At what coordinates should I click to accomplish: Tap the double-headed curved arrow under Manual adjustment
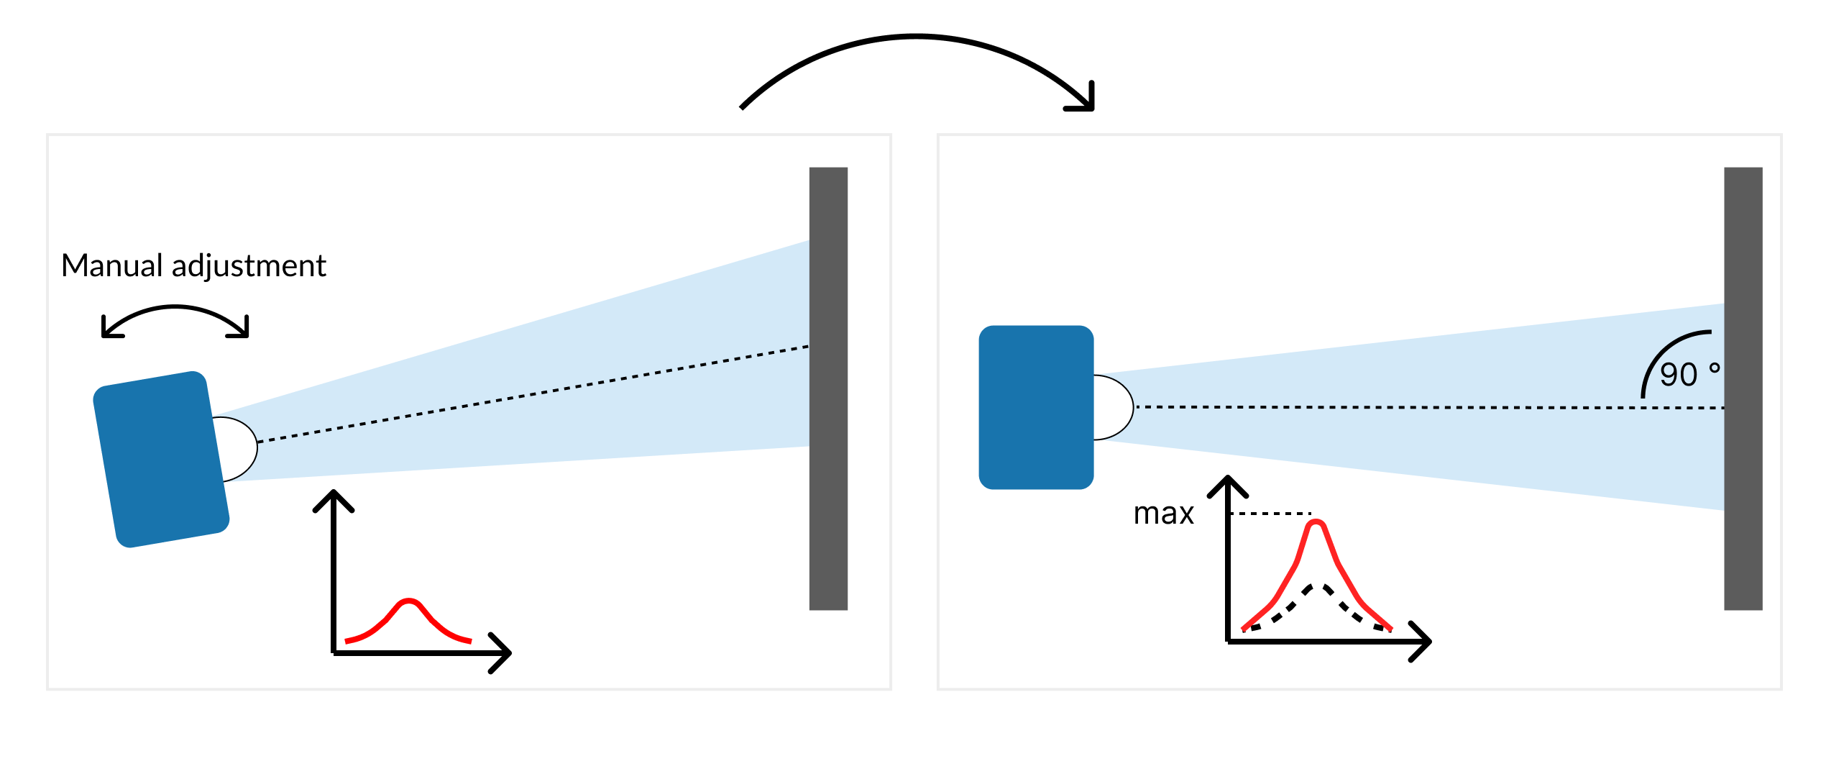175,310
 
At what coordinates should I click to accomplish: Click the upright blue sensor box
1036,408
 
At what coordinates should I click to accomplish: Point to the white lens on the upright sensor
1113,407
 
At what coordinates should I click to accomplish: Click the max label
1163,514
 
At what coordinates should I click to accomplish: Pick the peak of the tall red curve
1316,523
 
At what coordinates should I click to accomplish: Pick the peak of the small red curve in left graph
408,601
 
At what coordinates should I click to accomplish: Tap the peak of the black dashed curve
1315,587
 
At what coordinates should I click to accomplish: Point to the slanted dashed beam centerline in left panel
532,394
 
